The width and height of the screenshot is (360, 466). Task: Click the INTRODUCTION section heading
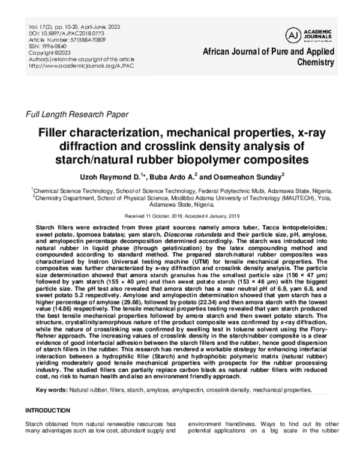pos(49,410)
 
